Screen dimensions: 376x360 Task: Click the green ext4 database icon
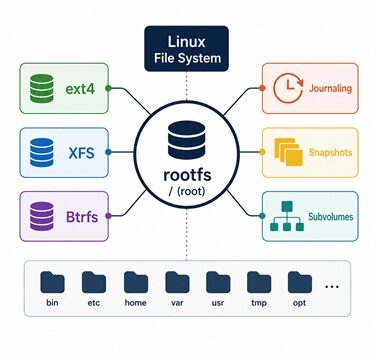[x=42, y=88]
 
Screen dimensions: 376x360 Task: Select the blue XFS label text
[x=81, y=153]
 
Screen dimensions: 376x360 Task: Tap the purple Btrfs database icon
[x=42, y=216]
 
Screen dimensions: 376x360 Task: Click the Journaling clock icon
[x=288, y=88]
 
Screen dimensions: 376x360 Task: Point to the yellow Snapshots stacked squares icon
[x=288, y=152]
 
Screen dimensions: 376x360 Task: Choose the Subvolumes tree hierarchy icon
[x=287, y=216]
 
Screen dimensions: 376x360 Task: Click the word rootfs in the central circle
[x=187, y=175]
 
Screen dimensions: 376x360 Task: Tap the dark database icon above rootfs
[x=187, y=140]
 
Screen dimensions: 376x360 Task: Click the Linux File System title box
[x=186, y=49]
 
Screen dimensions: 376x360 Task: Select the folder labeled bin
[x=52, y=282]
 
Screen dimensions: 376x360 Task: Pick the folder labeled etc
[x=94, y=282]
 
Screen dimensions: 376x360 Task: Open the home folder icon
[x=136, y=282]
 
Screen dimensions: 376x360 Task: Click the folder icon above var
[x=177, y=282]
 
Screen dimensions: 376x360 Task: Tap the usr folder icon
[x=218, y=282]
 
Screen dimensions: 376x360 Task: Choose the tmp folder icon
[x=259, y=282]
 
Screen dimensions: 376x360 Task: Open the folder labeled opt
[x=300, y=282]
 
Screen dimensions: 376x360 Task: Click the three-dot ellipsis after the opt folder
[x=331, y=286]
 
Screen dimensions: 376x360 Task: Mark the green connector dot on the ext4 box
[x=108, y=88]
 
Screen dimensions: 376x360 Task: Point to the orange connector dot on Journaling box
[x=262, y=88]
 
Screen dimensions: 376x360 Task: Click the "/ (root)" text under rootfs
[x=187, y=191]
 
